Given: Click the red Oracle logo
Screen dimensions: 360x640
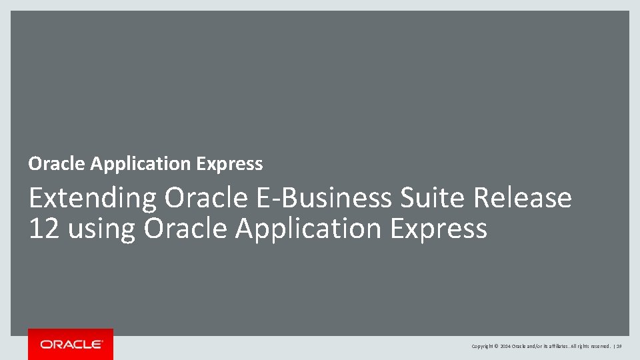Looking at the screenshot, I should click(71, 344).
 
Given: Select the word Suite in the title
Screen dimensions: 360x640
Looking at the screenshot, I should click(434, 198).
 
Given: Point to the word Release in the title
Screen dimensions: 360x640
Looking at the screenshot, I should click(523, 198).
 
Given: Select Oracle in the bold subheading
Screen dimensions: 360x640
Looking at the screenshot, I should click(57, 163).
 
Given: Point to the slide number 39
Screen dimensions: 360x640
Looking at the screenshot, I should click(619, 347).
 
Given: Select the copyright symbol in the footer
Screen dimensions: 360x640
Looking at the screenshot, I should click(497, 347).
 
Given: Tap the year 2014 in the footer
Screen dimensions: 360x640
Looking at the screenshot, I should click(505, 347).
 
